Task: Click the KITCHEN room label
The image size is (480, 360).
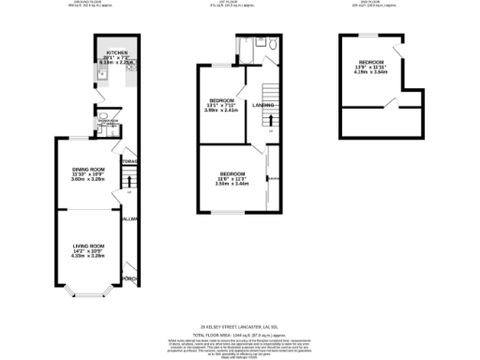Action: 117,52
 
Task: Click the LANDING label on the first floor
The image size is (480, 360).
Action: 263,105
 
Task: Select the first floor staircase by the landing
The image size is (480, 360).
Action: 268,92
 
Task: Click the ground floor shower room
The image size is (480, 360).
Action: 108,121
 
